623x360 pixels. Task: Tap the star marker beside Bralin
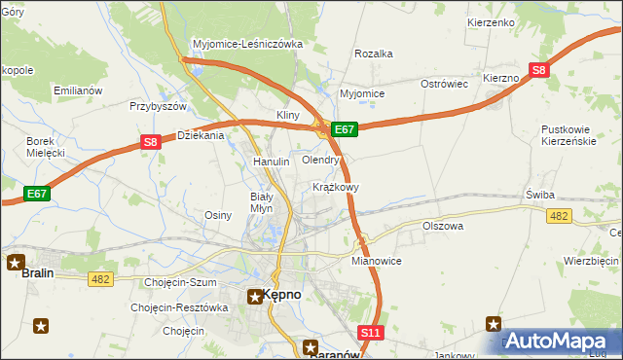16,261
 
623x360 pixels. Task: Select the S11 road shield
369,333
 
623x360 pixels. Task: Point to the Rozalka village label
374,54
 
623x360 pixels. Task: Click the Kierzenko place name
491,21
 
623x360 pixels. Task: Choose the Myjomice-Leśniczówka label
248,44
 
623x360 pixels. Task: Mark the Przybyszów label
158,106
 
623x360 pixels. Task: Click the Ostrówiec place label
445,84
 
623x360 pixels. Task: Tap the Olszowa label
443,226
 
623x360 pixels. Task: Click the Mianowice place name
377,261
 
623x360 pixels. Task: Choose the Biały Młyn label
269,200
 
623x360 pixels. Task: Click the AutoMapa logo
563,342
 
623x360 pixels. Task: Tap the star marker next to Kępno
254,296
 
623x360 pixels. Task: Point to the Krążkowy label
337,186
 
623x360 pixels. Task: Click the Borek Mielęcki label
45,147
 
